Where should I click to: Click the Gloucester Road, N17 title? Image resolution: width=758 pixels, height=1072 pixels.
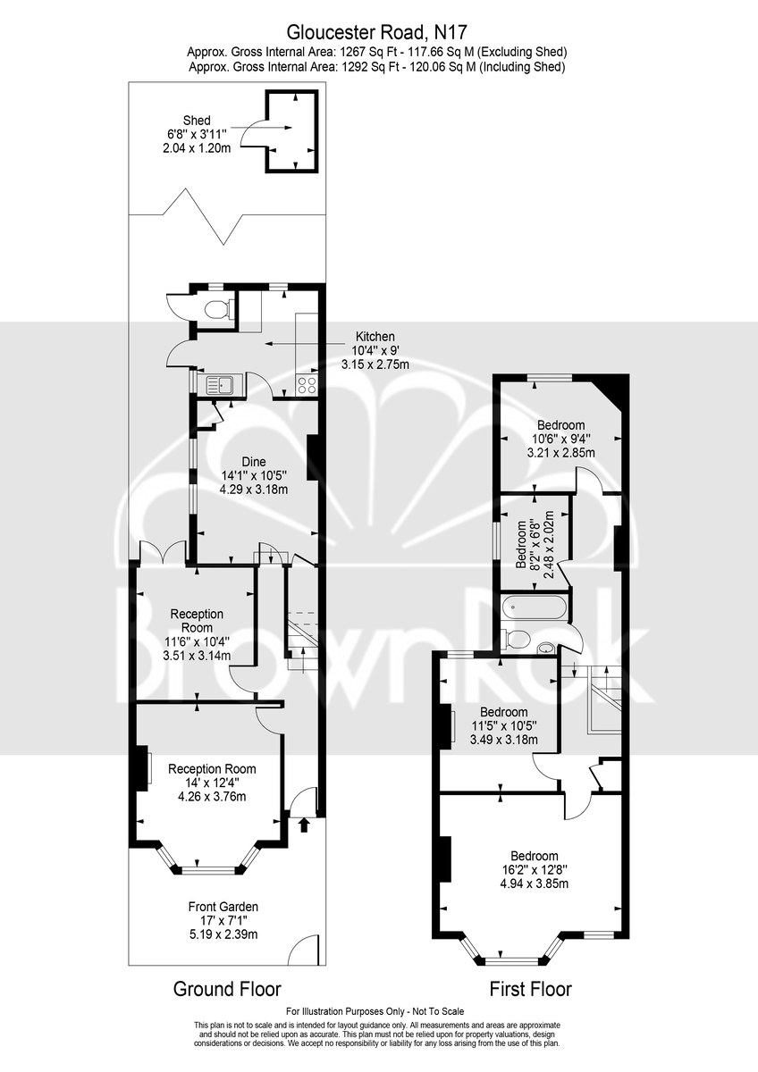[376, 32]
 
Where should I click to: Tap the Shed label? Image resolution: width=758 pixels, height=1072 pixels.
[197, 120]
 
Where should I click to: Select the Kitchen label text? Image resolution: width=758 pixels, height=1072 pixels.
[375, 337]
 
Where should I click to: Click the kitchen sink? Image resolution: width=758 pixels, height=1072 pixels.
[219, 384]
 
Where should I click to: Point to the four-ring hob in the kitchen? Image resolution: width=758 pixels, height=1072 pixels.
[307, 385]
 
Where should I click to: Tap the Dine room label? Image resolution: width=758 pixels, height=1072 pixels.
[254, 462]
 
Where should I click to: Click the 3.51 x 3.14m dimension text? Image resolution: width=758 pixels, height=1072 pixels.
[197, 655]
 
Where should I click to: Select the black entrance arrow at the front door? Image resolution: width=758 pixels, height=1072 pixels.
[304, 825]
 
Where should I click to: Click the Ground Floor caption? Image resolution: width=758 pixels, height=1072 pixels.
[227, 989]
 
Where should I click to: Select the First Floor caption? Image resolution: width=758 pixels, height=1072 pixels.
[531, 989]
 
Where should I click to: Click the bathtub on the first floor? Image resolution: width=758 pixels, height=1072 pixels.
[534, 608]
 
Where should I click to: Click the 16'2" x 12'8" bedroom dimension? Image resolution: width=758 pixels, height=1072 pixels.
[535, 869]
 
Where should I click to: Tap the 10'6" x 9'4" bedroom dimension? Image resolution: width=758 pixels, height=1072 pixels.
[561, 439]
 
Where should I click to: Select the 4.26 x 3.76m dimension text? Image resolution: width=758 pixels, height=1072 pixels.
[212, 796]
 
